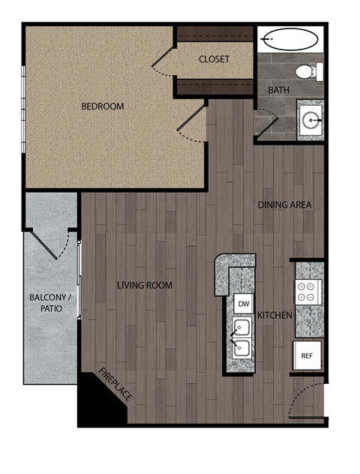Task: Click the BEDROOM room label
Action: pos(103,106)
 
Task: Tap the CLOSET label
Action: pos(214,59)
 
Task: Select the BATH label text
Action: pos(279,91)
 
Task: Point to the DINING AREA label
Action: pos(284,205)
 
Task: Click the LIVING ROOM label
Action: pos(145,285)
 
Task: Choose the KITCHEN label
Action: pos(274,316)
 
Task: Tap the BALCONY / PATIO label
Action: pos(46,303)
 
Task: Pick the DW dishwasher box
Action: pos(243,304)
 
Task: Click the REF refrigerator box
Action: pos(307,355)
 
